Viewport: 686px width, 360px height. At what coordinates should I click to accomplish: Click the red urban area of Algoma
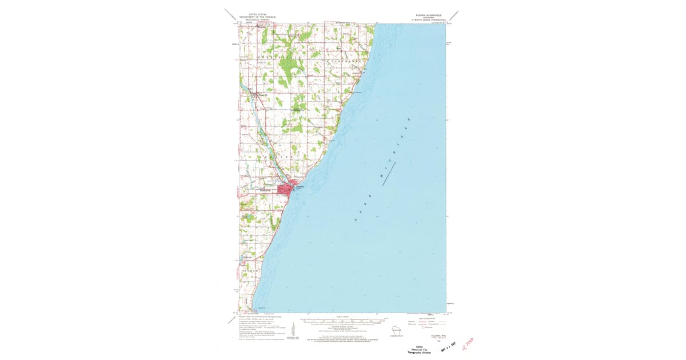284,189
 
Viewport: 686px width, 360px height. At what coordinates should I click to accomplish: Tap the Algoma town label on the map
298,186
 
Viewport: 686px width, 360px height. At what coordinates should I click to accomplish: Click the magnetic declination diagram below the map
293,330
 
